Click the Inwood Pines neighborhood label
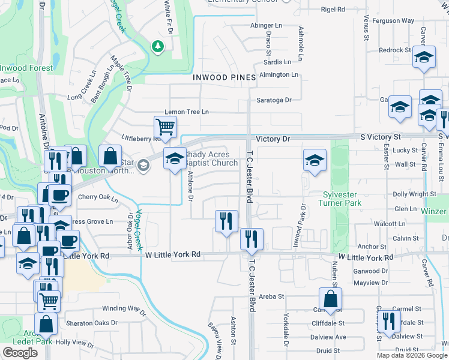click(x=224, y=77)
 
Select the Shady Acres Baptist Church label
click(x=211, y=159)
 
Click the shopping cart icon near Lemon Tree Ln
click(x=165, y=127)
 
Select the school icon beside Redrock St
click(x=424, y=58)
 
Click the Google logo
click(x=20, y=353)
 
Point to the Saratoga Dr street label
click(x=274, y=100)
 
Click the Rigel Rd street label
click(x=333, y=10)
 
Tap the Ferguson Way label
click(x=393, y=20)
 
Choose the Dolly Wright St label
click(x=414, y=194)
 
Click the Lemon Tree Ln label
click(x=187, y=112)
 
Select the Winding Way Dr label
click(x=124, y=309)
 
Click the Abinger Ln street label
click(x=267, y=26)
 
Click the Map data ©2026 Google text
click(x=411, y=355)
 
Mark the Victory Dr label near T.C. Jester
click(x=273, y=139)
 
